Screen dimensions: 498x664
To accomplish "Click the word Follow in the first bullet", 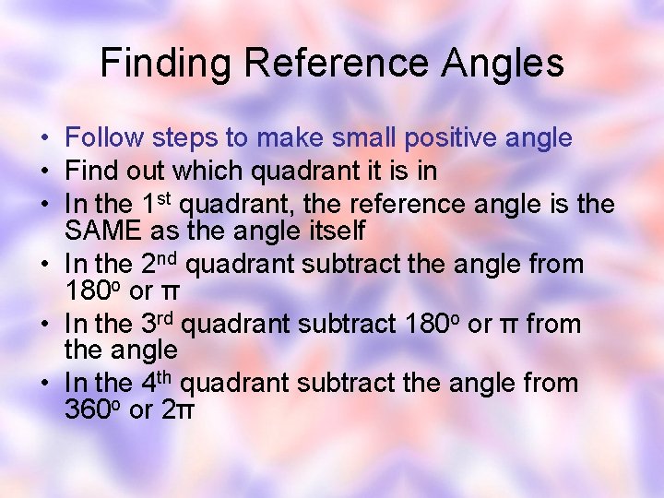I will coord(100,138).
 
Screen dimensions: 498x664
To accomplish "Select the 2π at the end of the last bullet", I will coord(178,409).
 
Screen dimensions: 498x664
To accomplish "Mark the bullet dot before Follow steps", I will coord(44,139).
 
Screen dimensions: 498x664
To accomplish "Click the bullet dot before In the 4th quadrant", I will coord(44,383).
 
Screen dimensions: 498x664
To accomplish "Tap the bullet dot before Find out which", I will coord(44,172).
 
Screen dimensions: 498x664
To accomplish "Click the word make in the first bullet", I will coord(287,138).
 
